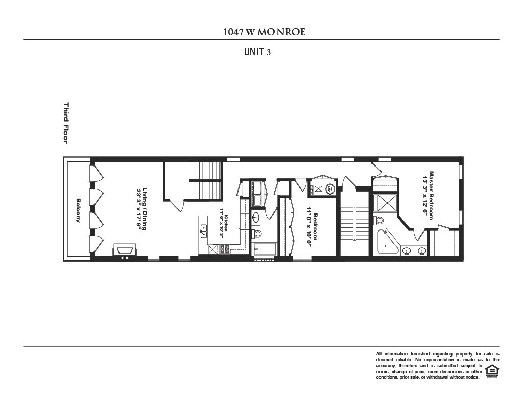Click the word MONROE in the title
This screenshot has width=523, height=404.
(x=281, y=32)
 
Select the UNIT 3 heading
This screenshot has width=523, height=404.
(x=257, y=52)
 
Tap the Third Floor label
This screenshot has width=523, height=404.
(x=65, y=123)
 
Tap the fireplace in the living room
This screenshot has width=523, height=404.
(x=125, y=249)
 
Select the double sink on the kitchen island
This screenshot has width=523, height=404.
(x=203, y=231)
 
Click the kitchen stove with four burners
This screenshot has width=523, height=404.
(x=225, y=249)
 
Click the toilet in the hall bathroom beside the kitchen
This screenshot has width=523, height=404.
(x=257, y=234)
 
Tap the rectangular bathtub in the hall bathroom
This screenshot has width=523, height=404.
(x=265, y=249)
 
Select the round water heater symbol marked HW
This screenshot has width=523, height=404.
(x=330, y=189)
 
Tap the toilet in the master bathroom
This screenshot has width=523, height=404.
(x=378, y=220)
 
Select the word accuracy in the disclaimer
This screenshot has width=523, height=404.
(x=387, y=366)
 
